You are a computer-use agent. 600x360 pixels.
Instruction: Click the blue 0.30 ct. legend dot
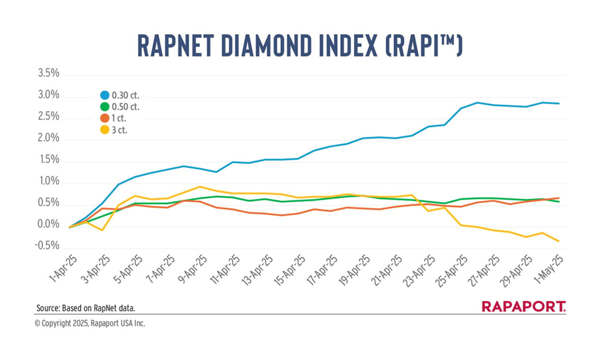click(x=105, y=95)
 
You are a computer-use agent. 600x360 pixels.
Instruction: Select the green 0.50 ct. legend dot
click(x=105, y=106)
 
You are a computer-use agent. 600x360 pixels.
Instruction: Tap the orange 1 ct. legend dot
click(x=105, y=118)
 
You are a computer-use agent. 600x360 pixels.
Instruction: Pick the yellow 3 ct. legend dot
click(x=105, y=129)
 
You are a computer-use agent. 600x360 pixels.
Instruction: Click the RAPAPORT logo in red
click(x=523, y=307)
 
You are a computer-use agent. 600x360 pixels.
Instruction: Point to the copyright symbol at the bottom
click(x=37, y=323)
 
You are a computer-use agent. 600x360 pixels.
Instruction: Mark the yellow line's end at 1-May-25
click(x=559, y=241)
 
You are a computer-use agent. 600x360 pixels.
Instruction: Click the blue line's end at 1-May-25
click(x=559, y=103)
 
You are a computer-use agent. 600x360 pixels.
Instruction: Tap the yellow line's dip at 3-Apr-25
click(x=103, y=230)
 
